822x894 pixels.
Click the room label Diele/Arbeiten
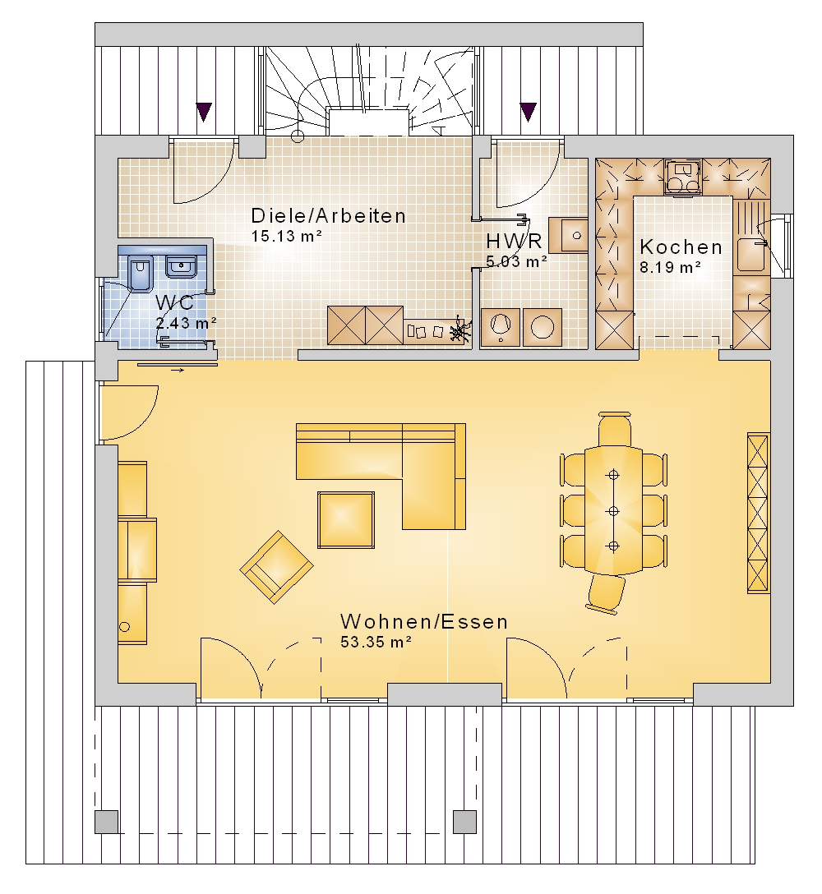(329, 216)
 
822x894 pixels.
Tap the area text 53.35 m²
(376, 642)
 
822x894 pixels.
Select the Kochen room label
(681, 247)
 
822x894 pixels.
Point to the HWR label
(514, 242)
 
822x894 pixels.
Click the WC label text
(175, 302)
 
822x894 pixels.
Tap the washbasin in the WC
(182, 267)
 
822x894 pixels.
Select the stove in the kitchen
(683, 177)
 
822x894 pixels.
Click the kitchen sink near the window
(750, 254)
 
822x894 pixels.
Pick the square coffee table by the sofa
(346, 520)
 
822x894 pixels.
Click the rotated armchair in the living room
(277, 567)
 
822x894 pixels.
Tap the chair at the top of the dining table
(615, 429)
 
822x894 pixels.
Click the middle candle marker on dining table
(613, 511)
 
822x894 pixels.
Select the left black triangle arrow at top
(204, 112)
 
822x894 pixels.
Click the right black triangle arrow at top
(529, 112)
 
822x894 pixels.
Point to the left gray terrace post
(106, 822)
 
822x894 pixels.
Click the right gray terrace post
(464, 822)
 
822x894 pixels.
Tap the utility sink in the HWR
(568, 235)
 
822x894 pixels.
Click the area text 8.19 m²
(670, 267)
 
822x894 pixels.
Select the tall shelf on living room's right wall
(759, 513)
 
